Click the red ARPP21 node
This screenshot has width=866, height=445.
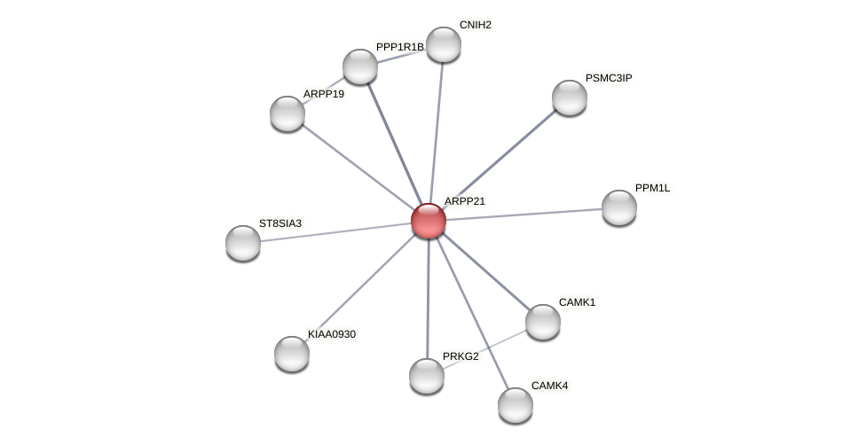pyautogui.click(x=428, y=221)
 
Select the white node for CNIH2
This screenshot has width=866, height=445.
pyautogui.click(x=443, y=44)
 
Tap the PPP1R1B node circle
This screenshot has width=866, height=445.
pyautogui.click(x=360, y=66)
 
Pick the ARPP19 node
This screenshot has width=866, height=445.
pyautogui.click(x=287, y=113)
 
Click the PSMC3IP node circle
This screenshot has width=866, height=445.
pyautogui.click(x=569, y=98)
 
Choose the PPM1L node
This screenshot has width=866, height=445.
pyautogui.click(x=618, y=207)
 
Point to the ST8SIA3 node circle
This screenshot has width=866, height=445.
pyautogui.click(x=243, y=243)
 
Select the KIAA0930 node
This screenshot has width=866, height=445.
pyautogui.click(x=292, y=354)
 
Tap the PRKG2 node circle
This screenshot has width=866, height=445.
pyautogui.click(x=427, y=376)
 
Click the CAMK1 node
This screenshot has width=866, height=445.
pyautogui.click(x=542, y=322)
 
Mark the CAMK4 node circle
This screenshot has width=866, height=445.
pyautogui.click(x=515, y=405)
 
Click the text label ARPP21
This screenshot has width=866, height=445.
pyautogui.click(x=464, y=201)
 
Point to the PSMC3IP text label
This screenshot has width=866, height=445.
pyautogui.click(x=608, y=78)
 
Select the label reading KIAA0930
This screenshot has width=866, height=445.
pyautogui.click(x=332, y=334)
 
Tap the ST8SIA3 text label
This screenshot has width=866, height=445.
pyautogui.click(x=280, y=223)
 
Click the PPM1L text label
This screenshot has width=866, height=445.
pyautogui.click(x=652, y=188)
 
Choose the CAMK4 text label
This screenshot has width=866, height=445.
pyautogui.click(x=550, y=386)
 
